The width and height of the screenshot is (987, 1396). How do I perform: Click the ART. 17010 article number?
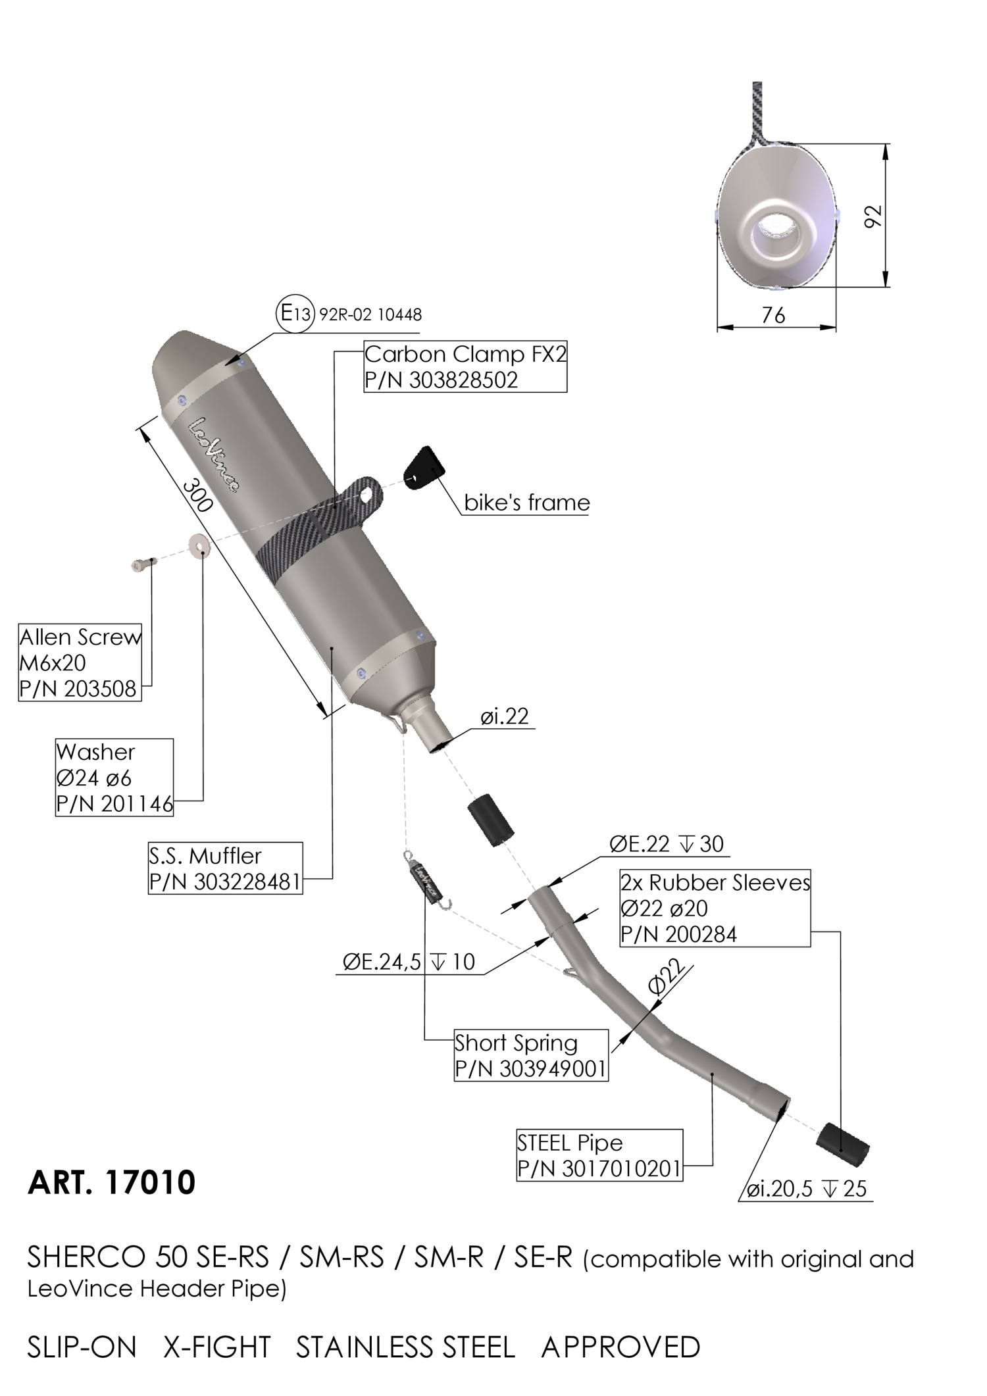(111, 1183)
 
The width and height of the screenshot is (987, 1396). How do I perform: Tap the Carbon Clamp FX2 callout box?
(465, 367)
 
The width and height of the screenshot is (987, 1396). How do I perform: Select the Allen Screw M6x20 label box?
(80, 662)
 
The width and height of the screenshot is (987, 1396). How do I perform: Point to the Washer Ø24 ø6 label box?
(114, 778)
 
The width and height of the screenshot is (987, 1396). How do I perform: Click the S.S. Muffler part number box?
(225, 868)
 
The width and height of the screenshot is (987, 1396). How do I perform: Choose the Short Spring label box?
(530, 1055)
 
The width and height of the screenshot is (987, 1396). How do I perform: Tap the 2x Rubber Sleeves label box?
(715, 909)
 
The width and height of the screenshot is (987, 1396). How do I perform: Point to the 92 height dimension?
(872, 216)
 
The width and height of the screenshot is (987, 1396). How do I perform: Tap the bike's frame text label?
(526, 503)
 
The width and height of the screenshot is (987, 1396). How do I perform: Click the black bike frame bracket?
(423, 468)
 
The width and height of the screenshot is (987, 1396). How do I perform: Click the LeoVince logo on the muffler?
(214, 455)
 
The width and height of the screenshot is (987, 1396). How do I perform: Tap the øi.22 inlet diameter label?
(505, 716)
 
